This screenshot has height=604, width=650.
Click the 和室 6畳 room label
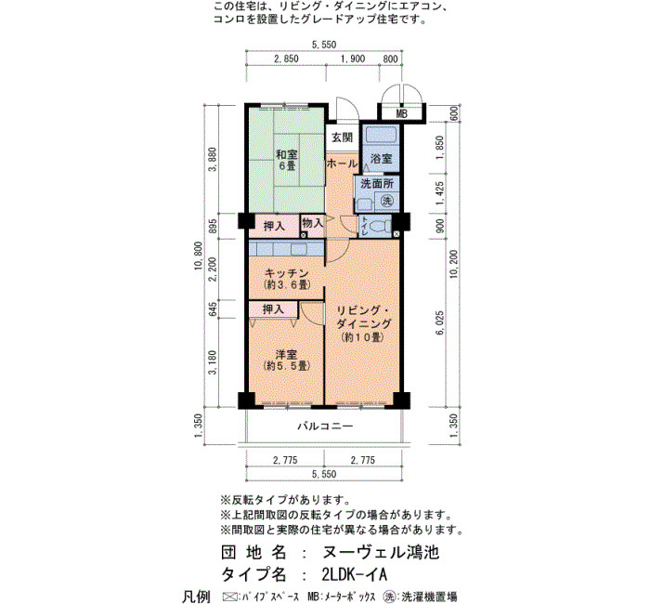coord(287,160)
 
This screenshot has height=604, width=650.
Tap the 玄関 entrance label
coord(342,138)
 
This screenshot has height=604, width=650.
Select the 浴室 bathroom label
coord(381,159)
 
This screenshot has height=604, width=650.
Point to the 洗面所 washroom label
coord(376,183)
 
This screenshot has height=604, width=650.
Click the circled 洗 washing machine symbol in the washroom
coord(387,202)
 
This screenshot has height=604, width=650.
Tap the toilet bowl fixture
coord(380,227)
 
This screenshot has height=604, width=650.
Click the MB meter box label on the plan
coord(401,113)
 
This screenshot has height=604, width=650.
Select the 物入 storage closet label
coord(312,223)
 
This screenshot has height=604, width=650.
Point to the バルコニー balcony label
coord(325,426)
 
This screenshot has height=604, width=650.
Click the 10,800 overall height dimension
coord(199,256)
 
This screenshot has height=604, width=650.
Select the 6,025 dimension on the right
coord(439,323)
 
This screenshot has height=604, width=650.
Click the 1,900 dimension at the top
coord(352,59)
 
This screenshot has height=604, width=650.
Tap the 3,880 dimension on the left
coord(214,159)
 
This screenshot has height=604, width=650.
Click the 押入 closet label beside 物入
coord(274,227)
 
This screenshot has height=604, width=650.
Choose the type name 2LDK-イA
coord(354,574)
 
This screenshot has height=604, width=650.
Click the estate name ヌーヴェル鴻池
coord(380,553)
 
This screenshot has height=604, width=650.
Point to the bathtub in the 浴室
coord(381,136)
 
